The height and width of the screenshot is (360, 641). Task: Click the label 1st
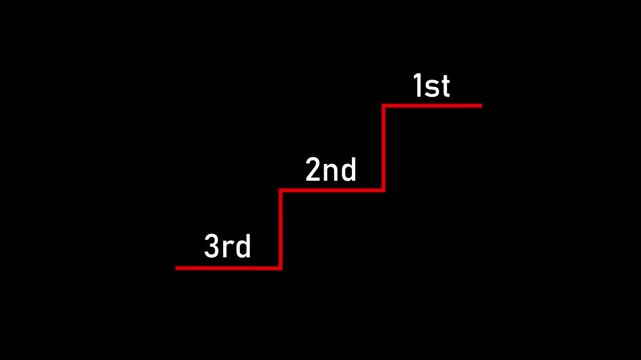pos(431,87)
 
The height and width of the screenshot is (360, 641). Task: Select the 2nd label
pos(330,171)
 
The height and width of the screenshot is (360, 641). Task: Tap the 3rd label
pos(227,247)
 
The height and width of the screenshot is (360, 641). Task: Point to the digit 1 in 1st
pos(418,87)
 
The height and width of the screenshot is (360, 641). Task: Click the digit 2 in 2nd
pos(313,171)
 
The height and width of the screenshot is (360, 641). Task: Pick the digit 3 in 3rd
pos(212,247)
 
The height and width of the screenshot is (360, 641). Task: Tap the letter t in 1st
pos(444,87)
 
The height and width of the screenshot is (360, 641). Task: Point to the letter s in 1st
pos(432,89)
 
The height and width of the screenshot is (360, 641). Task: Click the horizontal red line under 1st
pos(432,105)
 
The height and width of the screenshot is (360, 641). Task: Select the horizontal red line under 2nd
pos(331,189)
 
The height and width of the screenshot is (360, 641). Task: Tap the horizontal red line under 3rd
pos(228,267)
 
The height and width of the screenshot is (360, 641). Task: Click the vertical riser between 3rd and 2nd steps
pos(280,228)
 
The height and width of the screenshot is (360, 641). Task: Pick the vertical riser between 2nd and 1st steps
pos(383,147)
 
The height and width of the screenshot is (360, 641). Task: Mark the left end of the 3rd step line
pos(177,267)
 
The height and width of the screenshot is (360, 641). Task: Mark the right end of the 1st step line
pos(480,105)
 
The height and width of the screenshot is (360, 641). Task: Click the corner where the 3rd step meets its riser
pos(280,267)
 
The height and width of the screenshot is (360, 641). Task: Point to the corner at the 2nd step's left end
pos(280,189)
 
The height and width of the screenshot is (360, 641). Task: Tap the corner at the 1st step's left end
pos(383,105)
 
